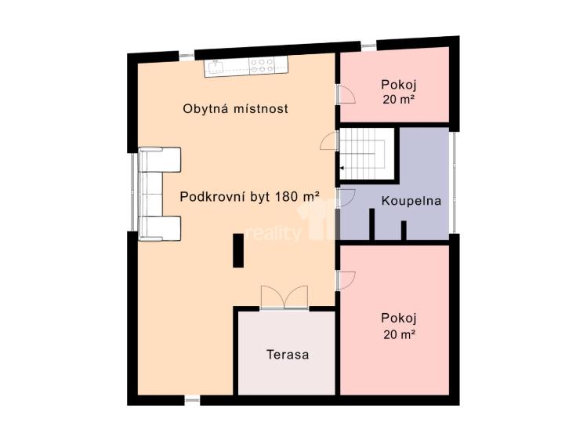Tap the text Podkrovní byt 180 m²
click(x=249, y=197)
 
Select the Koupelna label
click(x=411, y=201)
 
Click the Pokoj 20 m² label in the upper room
click(x=397, y=92)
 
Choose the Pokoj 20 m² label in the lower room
click(x=397, y=326)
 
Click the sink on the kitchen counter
click(x=216, y=65)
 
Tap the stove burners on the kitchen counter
click(x=262, y=65)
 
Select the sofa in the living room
click(x=159, y=193)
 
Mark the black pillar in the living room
click(x=237, y=250)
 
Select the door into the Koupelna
click(x=346, y=197)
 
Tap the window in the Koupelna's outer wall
click(x=452, y=182)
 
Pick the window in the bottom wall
click(x=192, y=400)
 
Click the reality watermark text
click(x=274, y=234)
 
